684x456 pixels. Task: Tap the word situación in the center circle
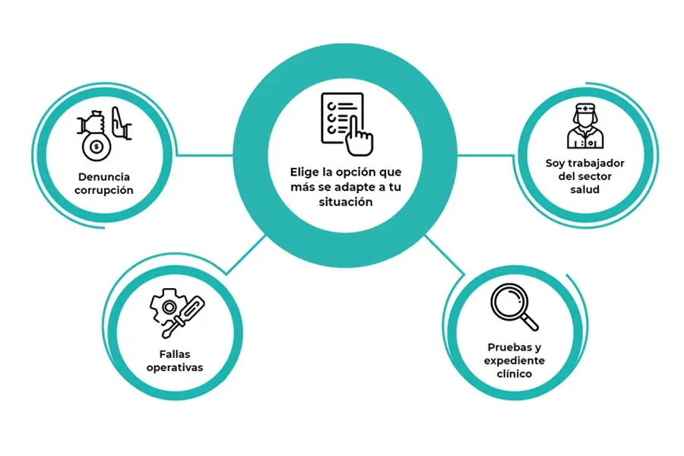[346, 202]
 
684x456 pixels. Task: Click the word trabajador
[597, 163]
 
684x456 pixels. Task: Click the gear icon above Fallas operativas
[166, 307]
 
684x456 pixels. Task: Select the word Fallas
[176, 354]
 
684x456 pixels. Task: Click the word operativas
[176, 368]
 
